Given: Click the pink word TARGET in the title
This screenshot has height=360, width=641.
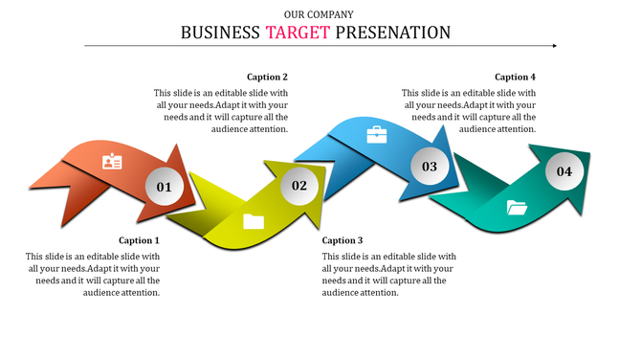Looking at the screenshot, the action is [298, 33].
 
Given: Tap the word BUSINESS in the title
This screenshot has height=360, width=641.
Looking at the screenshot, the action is [220, 33].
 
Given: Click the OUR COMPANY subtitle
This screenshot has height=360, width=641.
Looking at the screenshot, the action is [319, 14].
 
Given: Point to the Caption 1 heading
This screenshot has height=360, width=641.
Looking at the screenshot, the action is [139, 240].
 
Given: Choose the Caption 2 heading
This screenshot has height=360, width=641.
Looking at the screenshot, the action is [267, 77].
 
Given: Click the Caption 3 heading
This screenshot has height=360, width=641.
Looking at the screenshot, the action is [343, 240].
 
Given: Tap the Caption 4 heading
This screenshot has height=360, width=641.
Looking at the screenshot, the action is [515, 77].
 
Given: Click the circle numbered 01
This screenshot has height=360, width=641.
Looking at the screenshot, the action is [164, 187].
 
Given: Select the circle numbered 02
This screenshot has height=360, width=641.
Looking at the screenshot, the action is [299, 185].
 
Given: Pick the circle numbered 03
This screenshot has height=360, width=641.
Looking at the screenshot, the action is [430, 167].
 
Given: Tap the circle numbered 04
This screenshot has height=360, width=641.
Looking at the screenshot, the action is [564, 171].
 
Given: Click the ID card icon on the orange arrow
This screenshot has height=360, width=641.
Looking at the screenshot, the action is [112, 161].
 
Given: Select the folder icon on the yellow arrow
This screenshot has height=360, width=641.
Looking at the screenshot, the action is [254, 221].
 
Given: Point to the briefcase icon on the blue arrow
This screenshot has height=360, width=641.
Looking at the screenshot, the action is [377, 135].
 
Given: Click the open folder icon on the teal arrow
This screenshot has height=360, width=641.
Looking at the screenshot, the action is [517, 206].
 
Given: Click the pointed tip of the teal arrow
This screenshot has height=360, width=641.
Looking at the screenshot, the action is [588, 154].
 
